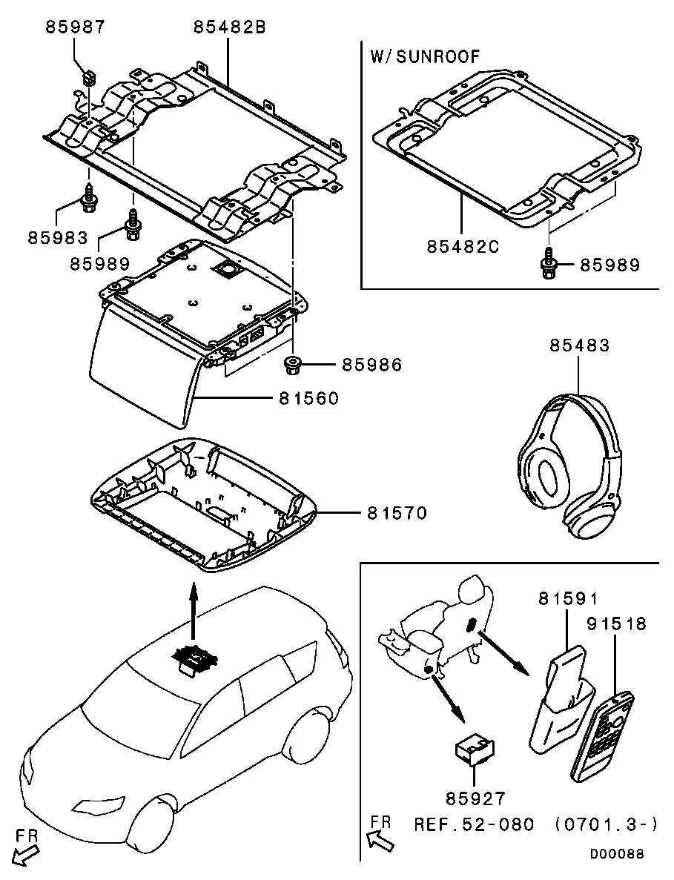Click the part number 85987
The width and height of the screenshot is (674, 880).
75,28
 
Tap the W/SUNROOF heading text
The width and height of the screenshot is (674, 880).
424,56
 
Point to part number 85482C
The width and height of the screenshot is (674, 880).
463,246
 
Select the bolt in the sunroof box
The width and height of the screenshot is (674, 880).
548,265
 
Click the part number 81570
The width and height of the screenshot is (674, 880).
397,512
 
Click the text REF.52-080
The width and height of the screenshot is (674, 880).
473,824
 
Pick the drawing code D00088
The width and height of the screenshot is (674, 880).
617,854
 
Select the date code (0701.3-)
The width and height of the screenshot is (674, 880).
606,824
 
